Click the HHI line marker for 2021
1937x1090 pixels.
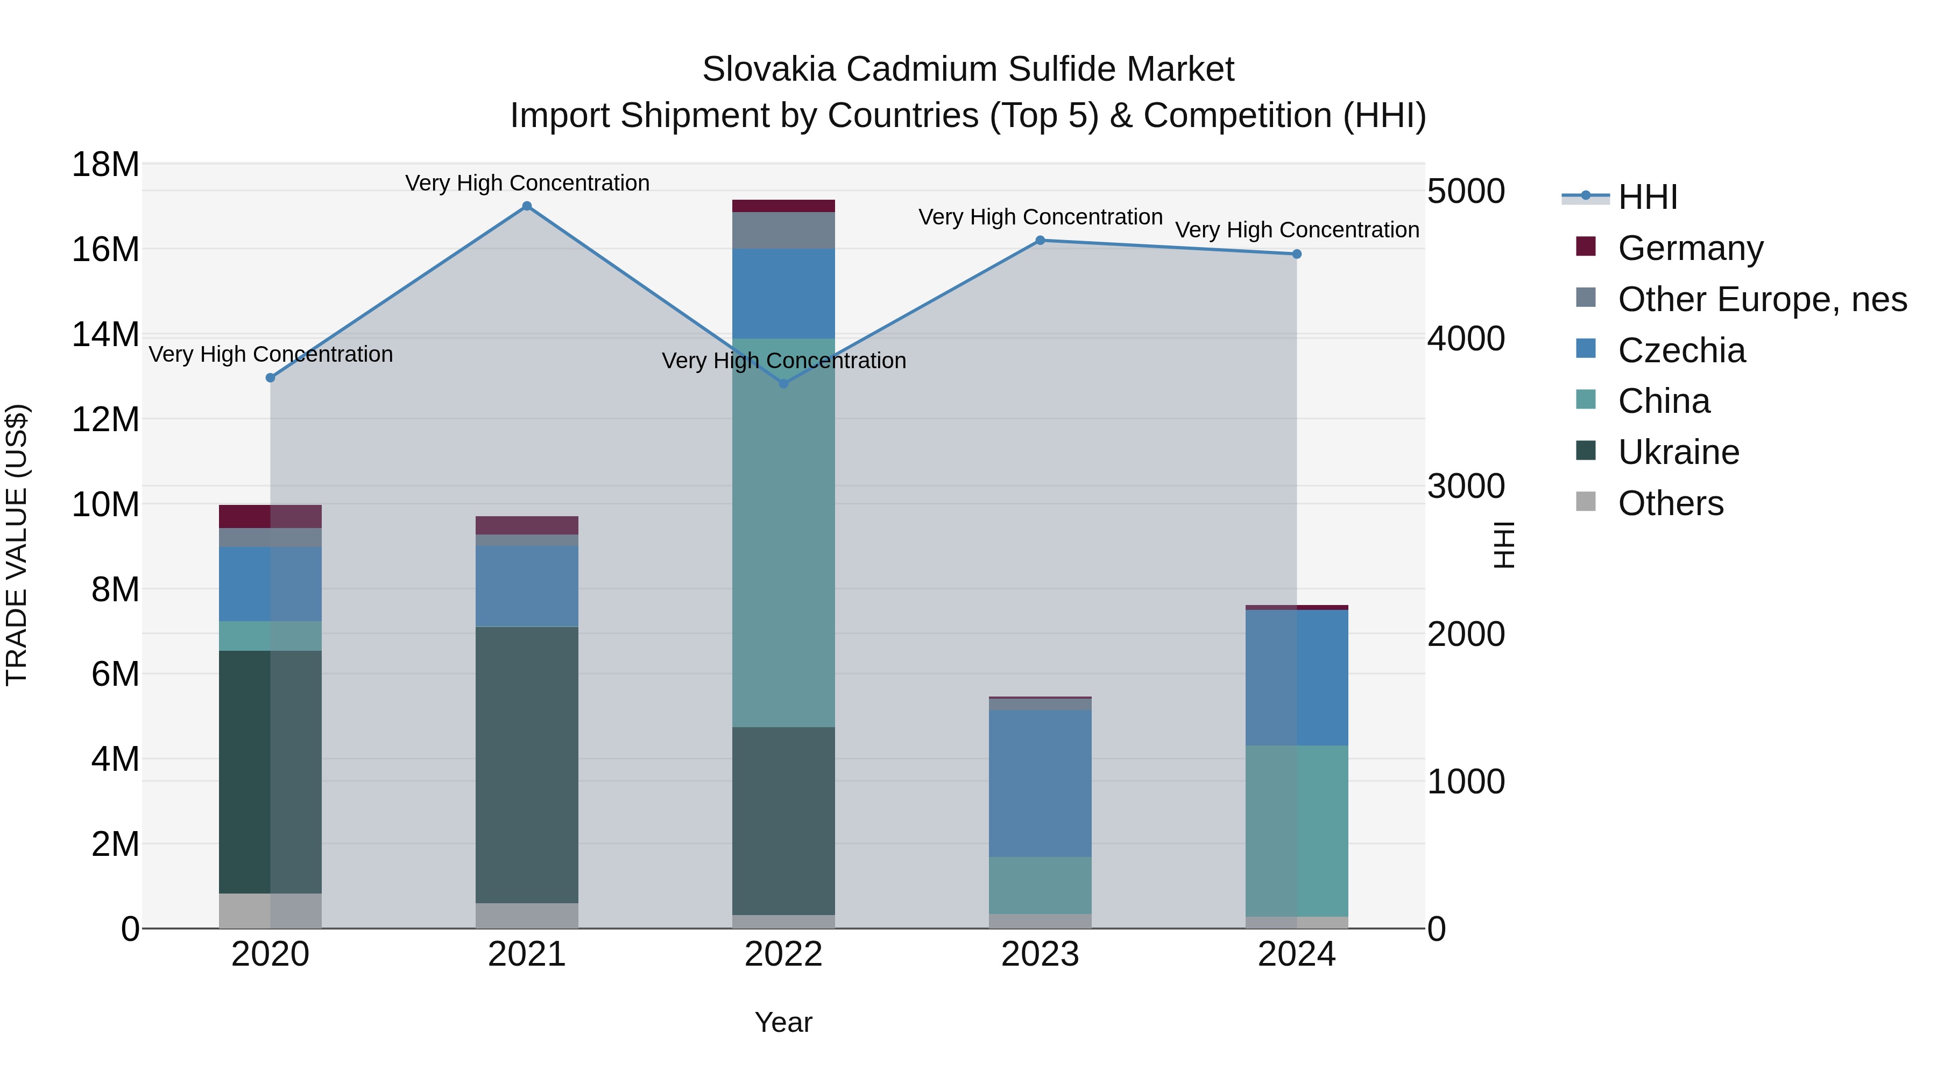tap(527, 206)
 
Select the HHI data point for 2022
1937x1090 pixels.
tap(783, 384)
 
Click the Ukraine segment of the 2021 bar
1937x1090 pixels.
tap(527, 764)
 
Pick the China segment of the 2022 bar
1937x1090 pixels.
tap(783, 532)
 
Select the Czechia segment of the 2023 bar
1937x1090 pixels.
tap(1040, 783)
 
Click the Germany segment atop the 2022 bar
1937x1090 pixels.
tap(783, 206)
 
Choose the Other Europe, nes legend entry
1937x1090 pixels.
tap(1762, 299)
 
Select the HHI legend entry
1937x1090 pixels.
tap(1647, 197)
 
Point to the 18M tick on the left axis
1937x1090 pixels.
tap(105, 164)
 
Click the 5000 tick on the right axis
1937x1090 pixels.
tap(1466, 191)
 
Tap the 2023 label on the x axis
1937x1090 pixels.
tap(1040, 954)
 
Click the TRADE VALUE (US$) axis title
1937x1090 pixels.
tap(17, 545)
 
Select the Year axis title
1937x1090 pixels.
tap(783, 1022)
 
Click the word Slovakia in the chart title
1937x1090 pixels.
tap(768, 69)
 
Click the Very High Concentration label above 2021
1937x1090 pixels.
tap(527, 183)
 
